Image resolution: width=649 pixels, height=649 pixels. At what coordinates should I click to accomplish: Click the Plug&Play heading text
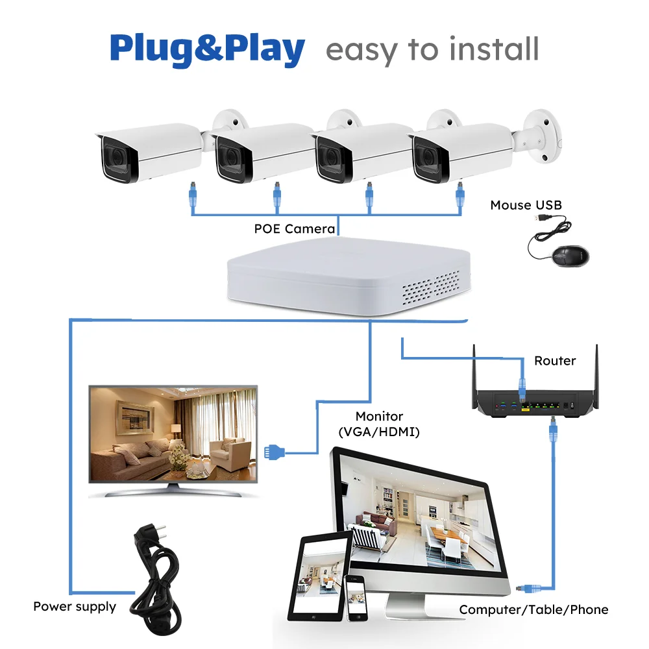(x=207, y=49)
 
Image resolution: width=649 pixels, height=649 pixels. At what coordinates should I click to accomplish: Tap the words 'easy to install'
(x=432, y=50)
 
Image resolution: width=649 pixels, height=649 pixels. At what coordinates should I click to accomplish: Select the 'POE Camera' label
(x=295, y=228)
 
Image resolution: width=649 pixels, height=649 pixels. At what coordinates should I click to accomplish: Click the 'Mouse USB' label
(x=526, y=205)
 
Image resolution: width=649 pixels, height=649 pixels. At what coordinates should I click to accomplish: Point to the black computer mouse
(x=572, y=255)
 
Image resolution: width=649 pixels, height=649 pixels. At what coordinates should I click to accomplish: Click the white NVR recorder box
(x=347, y=276)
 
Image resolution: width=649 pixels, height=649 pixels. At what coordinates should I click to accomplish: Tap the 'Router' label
(x=555, y=360)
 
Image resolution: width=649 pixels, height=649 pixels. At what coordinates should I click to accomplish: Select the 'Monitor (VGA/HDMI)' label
(x=379, y=423)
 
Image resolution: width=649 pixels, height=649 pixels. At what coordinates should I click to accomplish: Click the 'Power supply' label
(x=75, y=607)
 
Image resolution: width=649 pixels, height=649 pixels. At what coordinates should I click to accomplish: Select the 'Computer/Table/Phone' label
(x=533, y=609)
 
